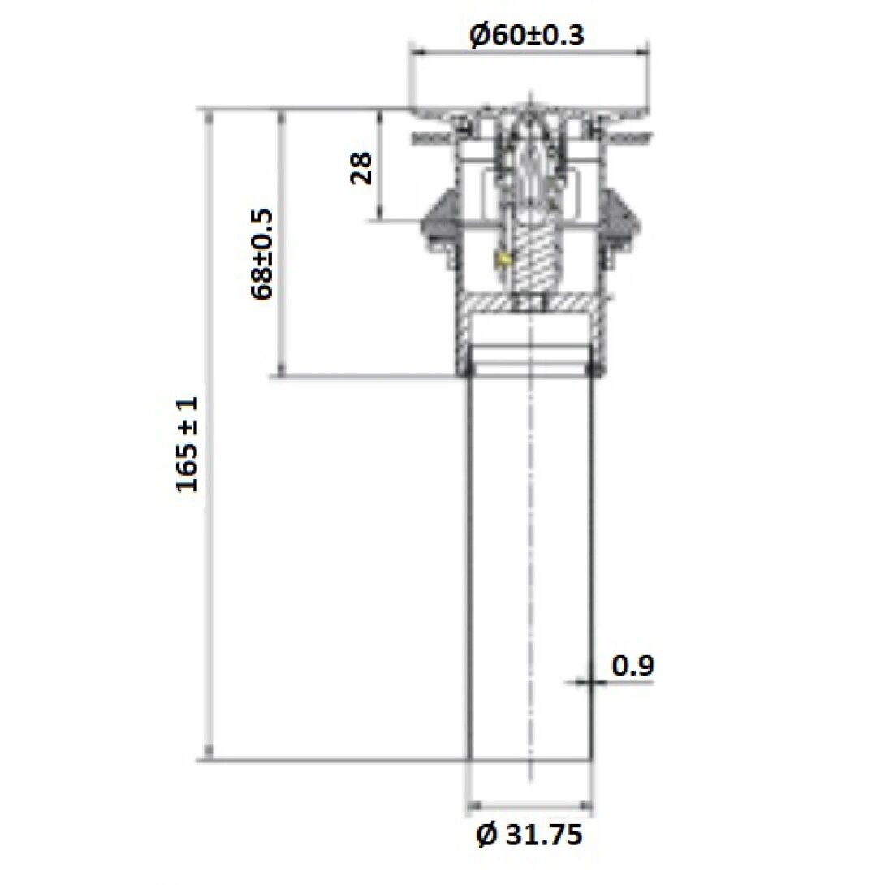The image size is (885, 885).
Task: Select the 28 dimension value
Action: [x=362, y=168]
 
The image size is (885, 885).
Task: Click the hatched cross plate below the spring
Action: [x=532, y=303]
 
